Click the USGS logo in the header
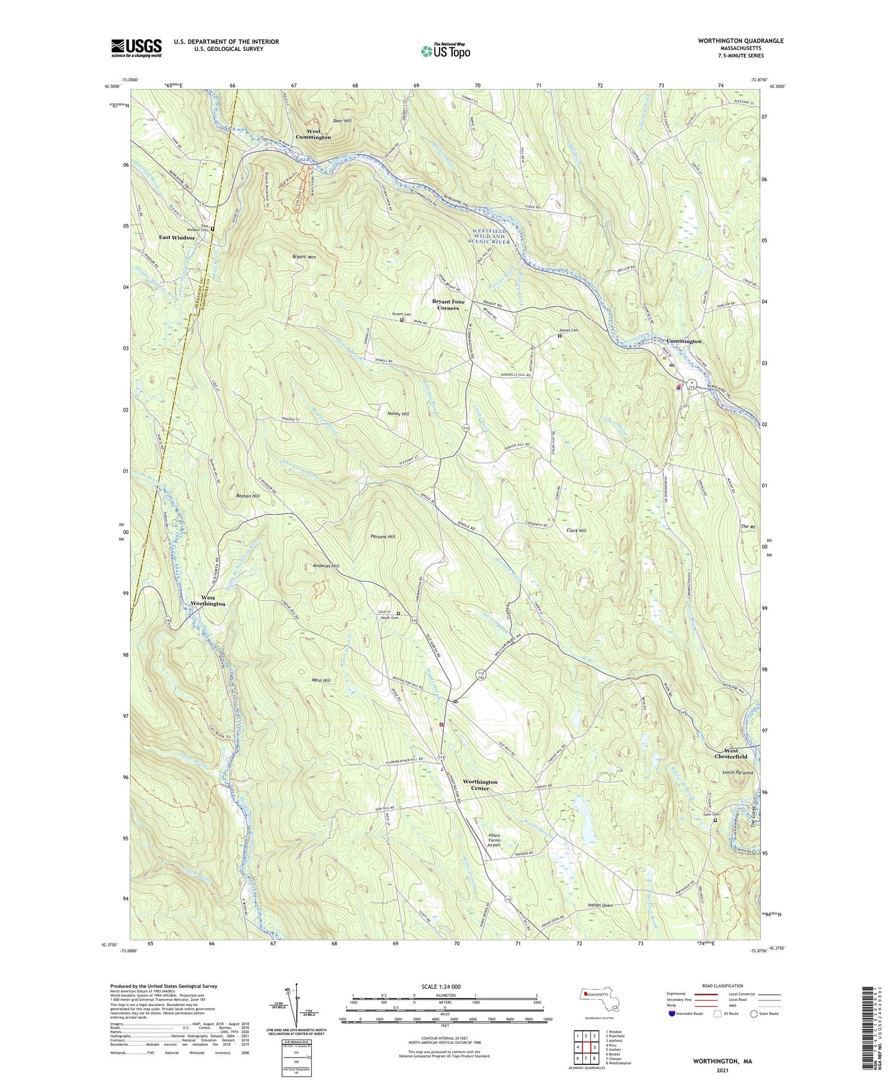coord(136,47)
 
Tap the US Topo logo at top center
coord(445,51)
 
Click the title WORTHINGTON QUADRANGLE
coord(732,41)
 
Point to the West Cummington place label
coord(313,134)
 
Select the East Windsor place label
coord(177,238)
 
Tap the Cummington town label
coord(684,341)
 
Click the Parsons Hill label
coord(383,537)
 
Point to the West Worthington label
coord(208,600)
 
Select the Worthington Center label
coord(480,785)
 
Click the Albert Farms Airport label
coord(494,840)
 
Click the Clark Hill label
coord(576,530)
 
